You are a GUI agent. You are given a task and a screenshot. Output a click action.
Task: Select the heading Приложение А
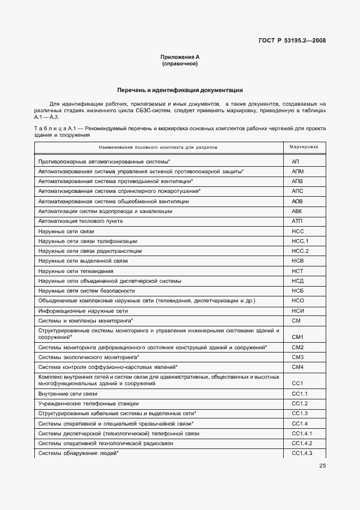(x=180, y=57)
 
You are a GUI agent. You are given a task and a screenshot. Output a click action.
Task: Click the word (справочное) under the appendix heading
(x=180, y=64)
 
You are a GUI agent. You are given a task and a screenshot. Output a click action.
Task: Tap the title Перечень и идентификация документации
(x=180, y=90)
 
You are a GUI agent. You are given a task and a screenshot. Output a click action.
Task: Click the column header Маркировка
(x=304, y=147)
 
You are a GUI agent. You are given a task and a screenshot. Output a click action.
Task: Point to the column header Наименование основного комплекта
(x=158, y=147)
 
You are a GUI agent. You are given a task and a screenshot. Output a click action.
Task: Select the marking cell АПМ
(x=297, y=172)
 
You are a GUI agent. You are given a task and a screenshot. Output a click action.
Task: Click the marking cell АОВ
(x=297, y=201)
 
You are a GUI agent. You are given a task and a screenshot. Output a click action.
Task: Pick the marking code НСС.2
(x=300, y=251)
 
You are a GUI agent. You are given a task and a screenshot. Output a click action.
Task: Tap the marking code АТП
(x=297, y=221)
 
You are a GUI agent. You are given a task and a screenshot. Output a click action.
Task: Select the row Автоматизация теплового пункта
(x=80, y=221)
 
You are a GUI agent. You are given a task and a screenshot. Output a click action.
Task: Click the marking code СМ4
(x=297, y=367)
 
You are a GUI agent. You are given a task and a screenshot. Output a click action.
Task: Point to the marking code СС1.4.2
(x=302, y=444)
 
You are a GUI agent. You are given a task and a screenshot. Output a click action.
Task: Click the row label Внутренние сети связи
(x=68, y=394)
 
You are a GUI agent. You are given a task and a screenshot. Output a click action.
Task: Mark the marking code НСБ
(x=297, y=290)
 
